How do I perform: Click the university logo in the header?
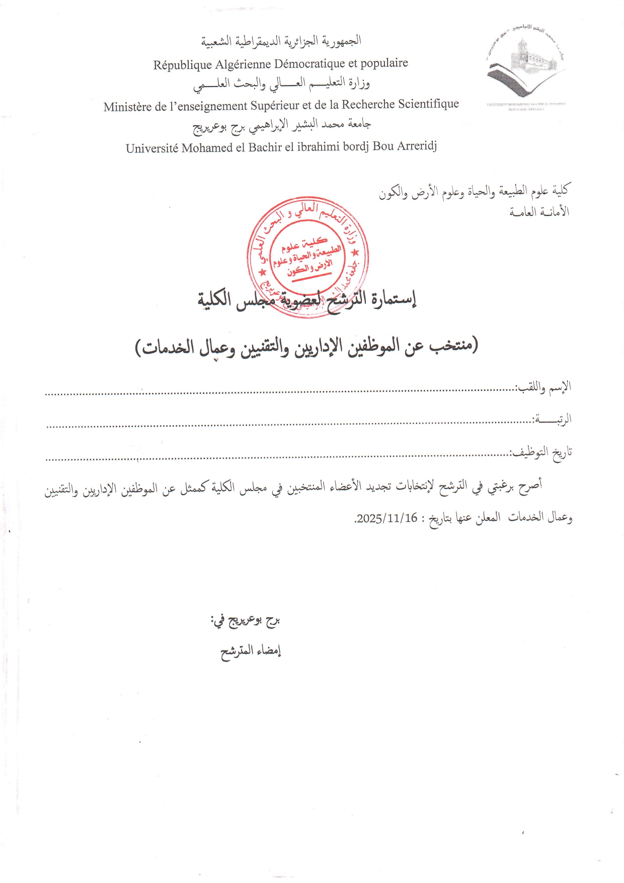[525, 68]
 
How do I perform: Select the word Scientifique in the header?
[428, 104]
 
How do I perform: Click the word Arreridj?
[417, 146]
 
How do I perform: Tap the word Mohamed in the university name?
[207, 148]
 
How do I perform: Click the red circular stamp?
[307, 258]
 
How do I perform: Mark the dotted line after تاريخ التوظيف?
[277, 458]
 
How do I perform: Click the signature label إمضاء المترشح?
[251, 651]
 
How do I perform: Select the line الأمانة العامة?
[539, 212]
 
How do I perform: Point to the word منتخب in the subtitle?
[451, 346]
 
